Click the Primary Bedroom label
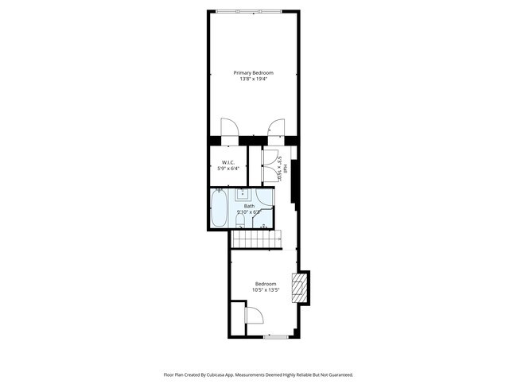252,73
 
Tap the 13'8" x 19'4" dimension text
252,80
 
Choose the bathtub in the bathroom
220,208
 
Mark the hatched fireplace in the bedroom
299,287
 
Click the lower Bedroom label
266,284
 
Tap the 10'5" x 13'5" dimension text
266,290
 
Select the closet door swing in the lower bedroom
255,316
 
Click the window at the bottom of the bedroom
275,337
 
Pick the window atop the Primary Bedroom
248,11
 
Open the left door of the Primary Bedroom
228,128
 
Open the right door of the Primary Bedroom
276,128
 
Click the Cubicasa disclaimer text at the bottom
258,374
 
